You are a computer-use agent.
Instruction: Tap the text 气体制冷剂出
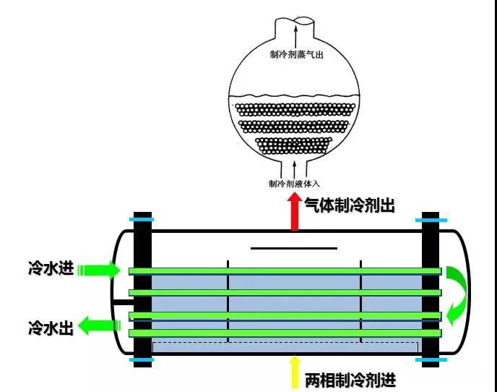point(349,205)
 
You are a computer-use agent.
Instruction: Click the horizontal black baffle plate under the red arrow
point(293,248)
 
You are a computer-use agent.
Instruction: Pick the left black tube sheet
point(142,289)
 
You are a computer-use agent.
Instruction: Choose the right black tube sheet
point(431,289)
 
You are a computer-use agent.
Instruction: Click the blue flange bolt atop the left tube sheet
point(142,219)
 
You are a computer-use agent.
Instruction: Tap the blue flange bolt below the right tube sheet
point(431,359)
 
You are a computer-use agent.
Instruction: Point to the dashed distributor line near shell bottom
point(285,342)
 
